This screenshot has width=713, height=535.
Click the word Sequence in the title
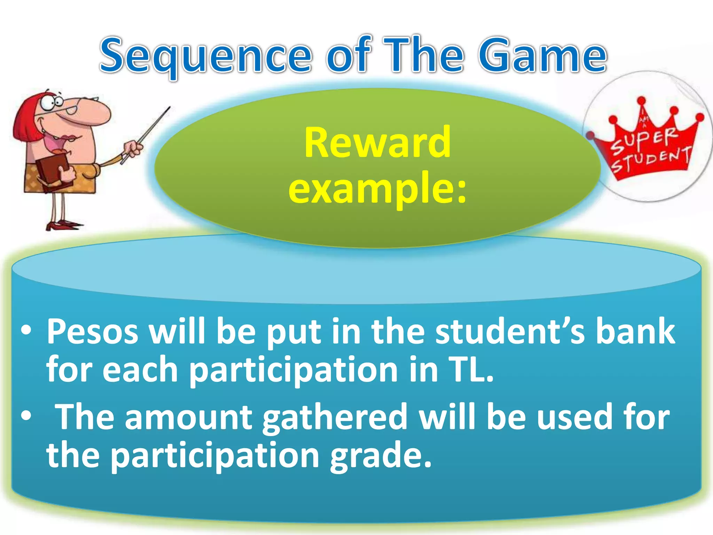coord(205,56)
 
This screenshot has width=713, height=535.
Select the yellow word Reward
coord(377,143)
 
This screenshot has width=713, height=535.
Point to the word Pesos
coord(93,332)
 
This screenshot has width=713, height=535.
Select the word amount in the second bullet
coord(188,417)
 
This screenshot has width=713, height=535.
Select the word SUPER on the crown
coord(644,139)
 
